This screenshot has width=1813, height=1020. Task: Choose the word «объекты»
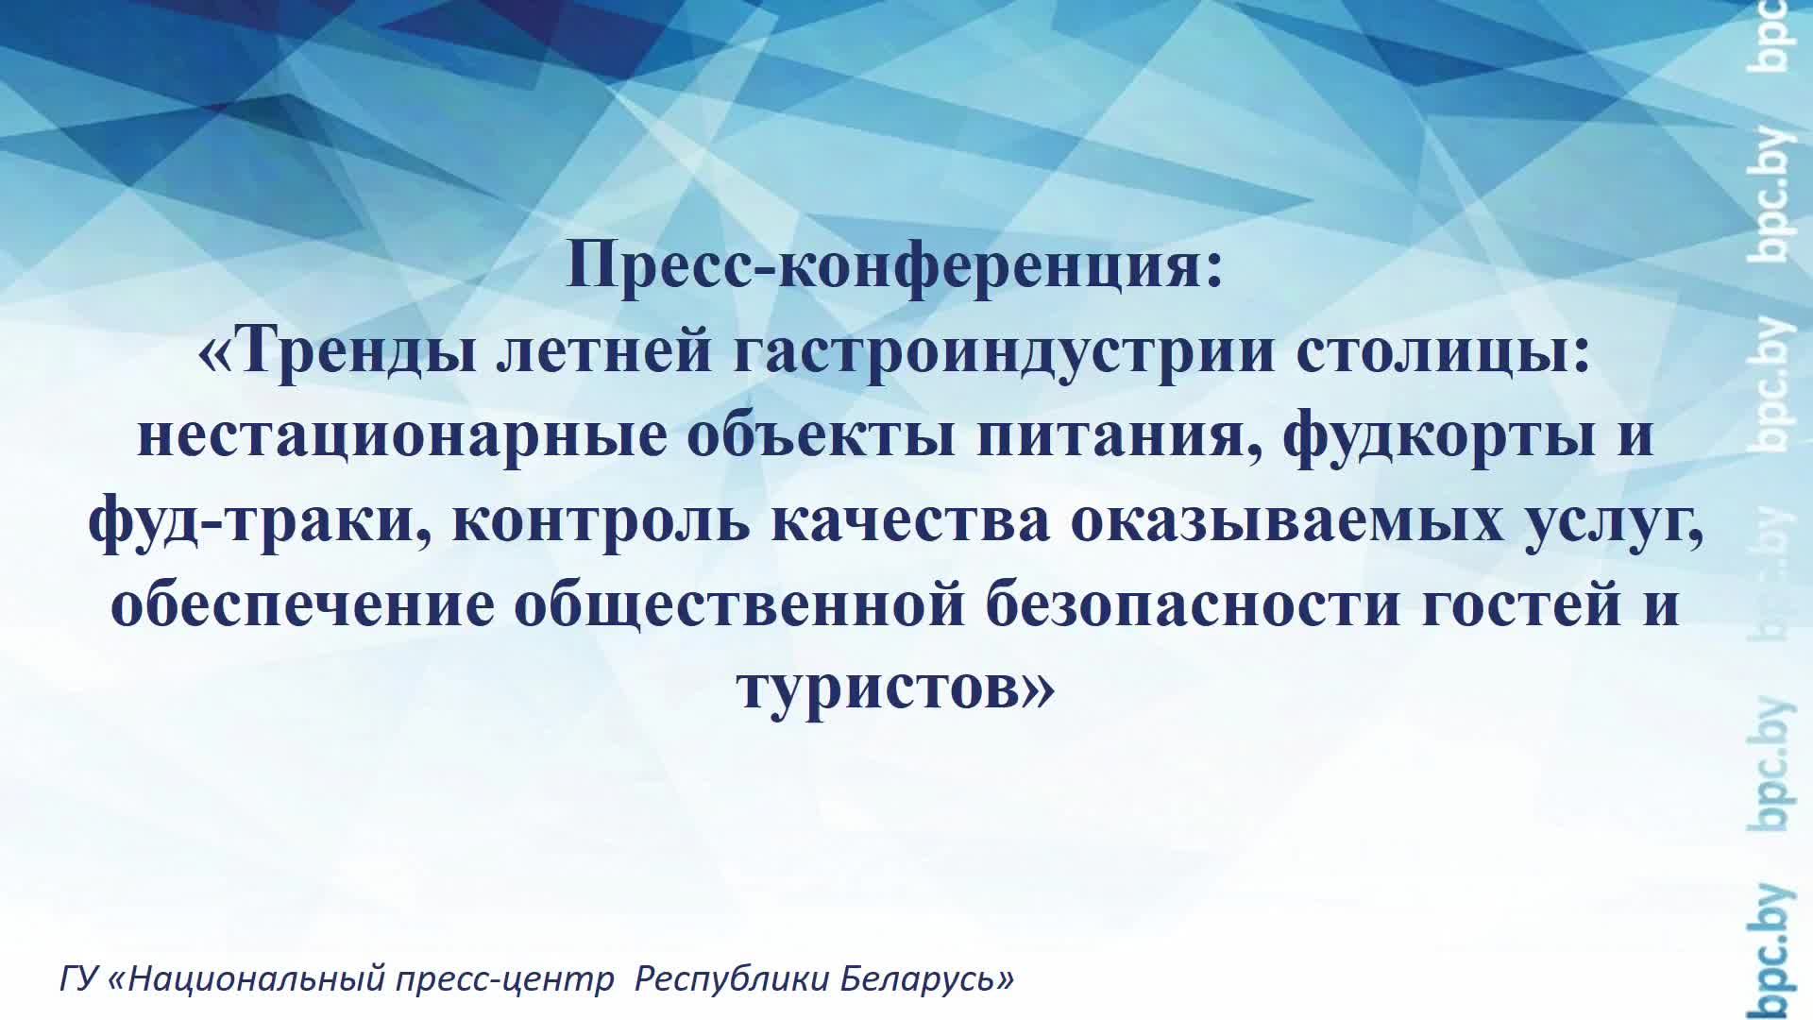[x=820, y=437]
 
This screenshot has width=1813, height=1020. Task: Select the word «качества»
[x=910, y=520]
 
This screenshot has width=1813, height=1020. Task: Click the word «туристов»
[x=883, y=688]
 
